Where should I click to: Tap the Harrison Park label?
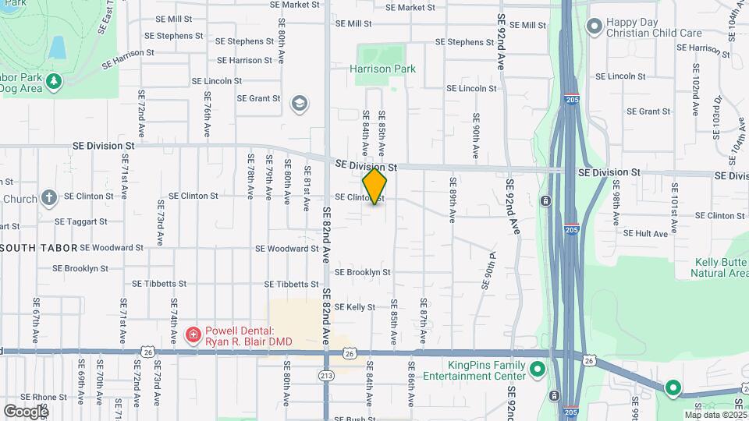pyautogui.click(x=382, y=69)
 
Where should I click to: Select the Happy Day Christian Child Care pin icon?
pyautogui.click(x=594, y=28)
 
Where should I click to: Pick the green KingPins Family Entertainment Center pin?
pyautogui.click(x=537, y=370)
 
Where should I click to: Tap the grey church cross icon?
pyautogui.click(x=49, y=198)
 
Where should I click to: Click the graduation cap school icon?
pyautogui.click(x=299, y=103)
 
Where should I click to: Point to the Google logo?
pyautogui.click(x=25, y=410)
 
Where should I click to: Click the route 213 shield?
pyautogui.click(x=326, y=377)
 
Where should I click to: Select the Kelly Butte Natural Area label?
pyautogui.click(x=719, y=267)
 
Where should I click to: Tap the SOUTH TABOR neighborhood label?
pyautogui.click(x=39, y=248)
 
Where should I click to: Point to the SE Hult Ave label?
pyautogui.click(x=646, y=233)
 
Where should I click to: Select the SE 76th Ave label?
pyautogui.click(x=208, y=115)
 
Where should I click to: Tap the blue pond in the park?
pyautogui.click(x=57, y=48)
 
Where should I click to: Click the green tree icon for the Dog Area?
pyautogui.click(x=53, y=80)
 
